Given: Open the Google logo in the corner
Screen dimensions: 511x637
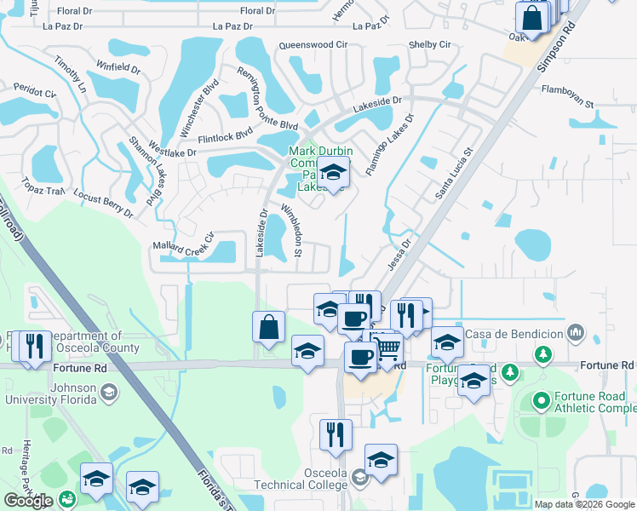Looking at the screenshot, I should pyautogui.click(x=28, y=500).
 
